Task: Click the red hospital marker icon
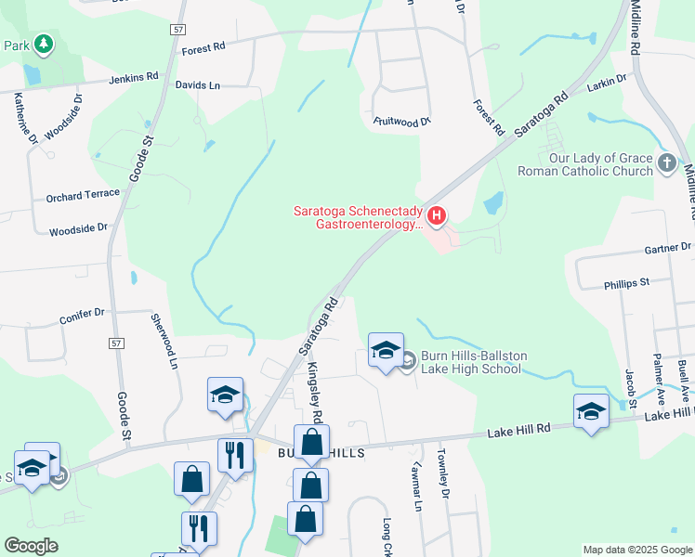[x=437, y=217]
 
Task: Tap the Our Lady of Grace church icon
[x=666, y=163]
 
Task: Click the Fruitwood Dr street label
[x=402, y=122]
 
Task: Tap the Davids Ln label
[x=198, y=85]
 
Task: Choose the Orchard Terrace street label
[x=83, y=195]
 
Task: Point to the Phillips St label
[x=625, y=280]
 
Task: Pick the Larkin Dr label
[x=608, y=86]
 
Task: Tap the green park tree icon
[x=43, y=44]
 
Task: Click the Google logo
[x=32, y=546]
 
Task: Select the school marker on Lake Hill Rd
[x=591, y=411]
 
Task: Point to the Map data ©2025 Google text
[x=636, y=550]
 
